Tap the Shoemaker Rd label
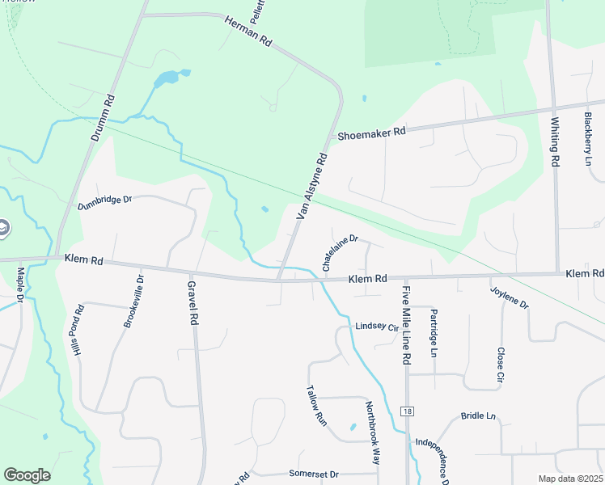371,134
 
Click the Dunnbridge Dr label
104,202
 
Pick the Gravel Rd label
192,303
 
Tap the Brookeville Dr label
133,301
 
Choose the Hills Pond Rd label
78,331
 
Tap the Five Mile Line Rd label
407,324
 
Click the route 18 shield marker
406,411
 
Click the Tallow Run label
315,405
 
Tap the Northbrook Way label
372,432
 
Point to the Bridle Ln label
478,415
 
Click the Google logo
27,475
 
